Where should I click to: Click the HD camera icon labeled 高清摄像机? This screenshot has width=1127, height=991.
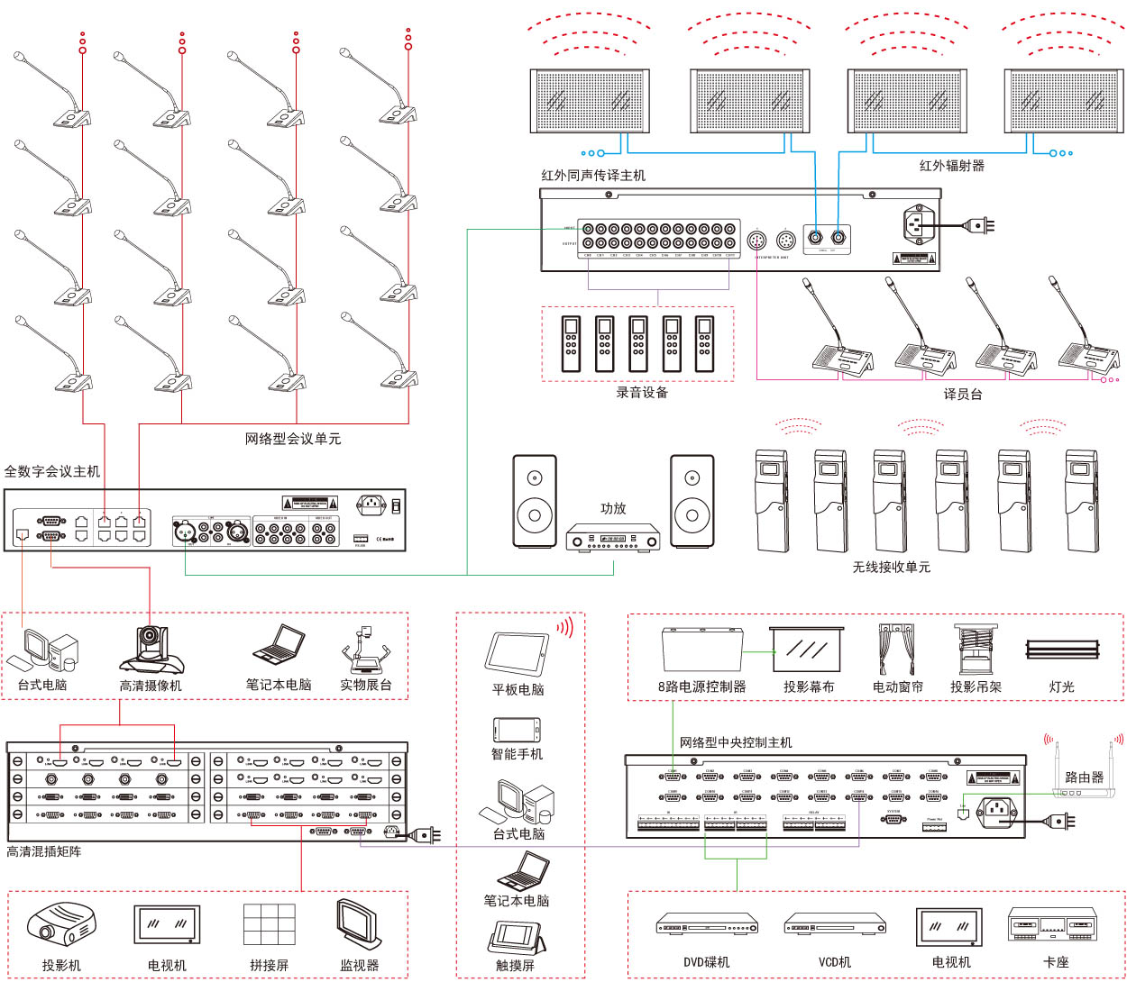tap(151, 649)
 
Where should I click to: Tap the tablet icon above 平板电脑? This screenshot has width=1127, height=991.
tap(518, 652)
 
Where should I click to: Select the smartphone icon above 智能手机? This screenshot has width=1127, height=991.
tap(517, 730)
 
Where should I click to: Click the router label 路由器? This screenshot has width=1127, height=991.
tap(1084, 777)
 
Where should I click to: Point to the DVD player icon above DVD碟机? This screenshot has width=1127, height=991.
tap(707, 924)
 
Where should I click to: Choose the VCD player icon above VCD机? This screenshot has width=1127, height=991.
tap(835, 924)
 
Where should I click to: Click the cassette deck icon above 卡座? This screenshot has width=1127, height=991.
tap(1053, 925)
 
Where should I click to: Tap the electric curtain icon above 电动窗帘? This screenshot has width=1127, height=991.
tap(897, 648)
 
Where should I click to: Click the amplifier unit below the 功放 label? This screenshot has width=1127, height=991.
tap(613, 539)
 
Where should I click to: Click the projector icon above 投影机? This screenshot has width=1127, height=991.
tap(60, 925)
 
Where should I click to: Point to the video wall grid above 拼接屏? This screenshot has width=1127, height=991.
tap(269, 924)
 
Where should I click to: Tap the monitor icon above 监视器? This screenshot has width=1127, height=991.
tap(358, 924)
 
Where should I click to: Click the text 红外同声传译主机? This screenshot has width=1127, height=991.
tap(593, 176)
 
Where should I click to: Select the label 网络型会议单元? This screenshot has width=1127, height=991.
tap(293, 439)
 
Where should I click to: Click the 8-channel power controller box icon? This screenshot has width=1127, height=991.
tap(701, 650)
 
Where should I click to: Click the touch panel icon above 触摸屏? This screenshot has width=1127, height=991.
tap(516, 937)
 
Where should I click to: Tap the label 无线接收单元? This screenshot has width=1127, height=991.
tap(891, 567)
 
